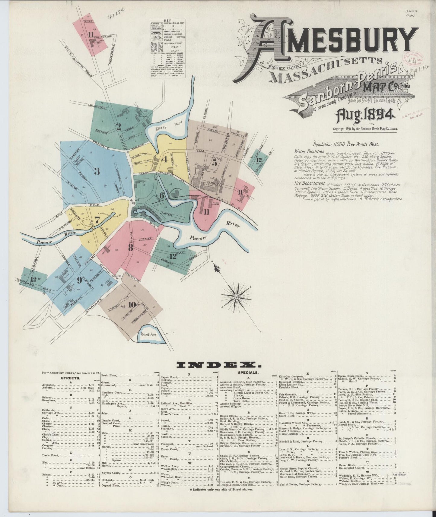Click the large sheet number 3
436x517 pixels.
coord(97,171)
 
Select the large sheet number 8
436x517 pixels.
coord(130,247)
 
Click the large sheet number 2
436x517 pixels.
coord(119,127)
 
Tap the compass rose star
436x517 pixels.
coord(237,297)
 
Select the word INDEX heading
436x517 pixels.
coord(219,365)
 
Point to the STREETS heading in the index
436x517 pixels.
coord(70,378)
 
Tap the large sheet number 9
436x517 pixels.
coord(79,280)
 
